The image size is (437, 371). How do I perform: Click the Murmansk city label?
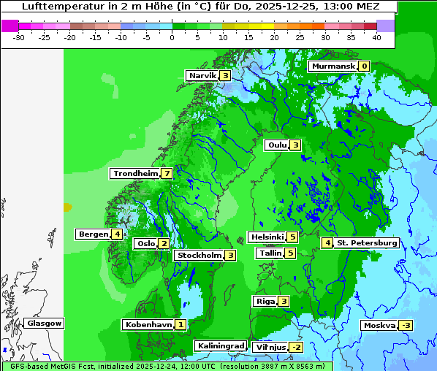(333, 66)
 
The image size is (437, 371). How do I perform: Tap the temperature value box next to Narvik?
(225, 76)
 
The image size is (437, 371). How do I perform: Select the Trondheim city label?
(135, 174)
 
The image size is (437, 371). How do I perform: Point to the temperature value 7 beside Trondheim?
(167, 174)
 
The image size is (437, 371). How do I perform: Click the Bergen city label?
(93, 234)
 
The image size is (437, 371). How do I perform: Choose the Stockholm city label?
(199, 256)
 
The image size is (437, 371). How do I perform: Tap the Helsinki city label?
(267, 237)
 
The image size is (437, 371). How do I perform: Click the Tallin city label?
(270, 253)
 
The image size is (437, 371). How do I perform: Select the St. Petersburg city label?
(366, 242)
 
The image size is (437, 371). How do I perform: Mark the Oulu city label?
(277, 145)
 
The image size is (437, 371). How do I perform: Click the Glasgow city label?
(44, 324)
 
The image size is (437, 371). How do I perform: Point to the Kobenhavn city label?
(148, 324)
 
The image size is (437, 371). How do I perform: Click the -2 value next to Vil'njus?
(296, 348)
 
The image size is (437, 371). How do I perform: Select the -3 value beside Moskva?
(406, 326)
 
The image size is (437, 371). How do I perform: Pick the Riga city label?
(265, 302)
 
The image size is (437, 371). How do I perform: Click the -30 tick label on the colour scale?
(19, 37)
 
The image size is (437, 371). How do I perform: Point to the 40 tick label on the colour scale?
(376, 37)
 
